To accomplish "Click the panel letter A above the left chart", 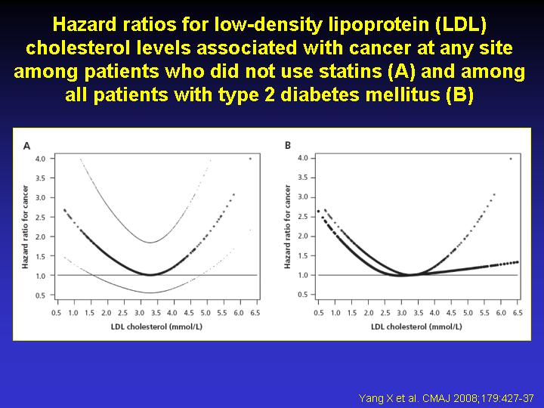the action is click(26, 146).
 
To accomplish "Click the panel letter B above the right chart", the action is click(288, 145).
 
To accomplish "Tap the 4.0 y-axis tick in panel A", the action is click(40, 159).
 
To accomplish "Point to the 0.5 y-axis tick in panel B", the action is click(302, 295).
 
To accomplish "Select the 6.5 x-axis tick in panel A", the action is click(255, 313).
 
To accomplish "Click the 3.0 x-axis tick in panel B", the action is click(402, 313).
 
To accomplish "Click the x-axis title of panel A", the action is click(156, 327).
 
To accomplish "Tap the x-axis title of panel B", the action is click(416, 327).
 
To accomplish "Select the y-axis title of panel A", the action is click(25, 227).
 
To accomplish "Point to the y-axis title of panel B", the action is click(287, 227).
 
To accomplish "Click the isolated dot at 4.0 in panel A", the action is click(250, 159).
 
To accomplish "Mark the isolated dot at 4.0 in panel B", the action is click(511, 159).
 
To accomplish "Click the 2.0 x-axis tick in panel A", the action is click(107, 313).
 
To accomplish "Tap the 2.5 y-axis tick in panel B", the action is click(302, 217).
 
